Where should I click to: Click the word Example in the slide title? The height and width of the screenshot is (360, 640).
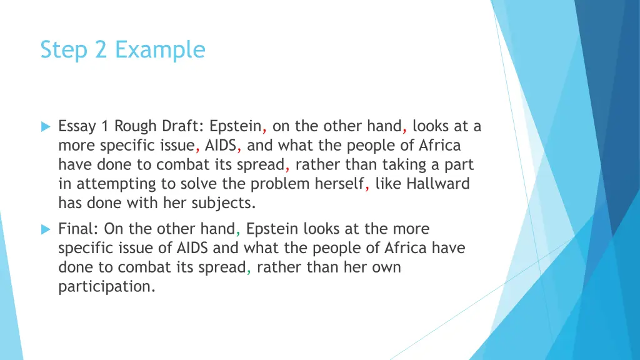click(160, 50)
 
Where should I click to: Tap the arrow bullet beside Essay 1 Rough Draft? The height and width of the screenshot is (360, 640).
click(45, 127)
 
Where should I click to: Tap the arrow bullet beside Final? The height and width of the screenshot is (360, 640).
click(45, 229)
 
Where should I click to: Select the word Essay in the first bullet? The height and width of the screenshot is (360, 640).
click(77, 127)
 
